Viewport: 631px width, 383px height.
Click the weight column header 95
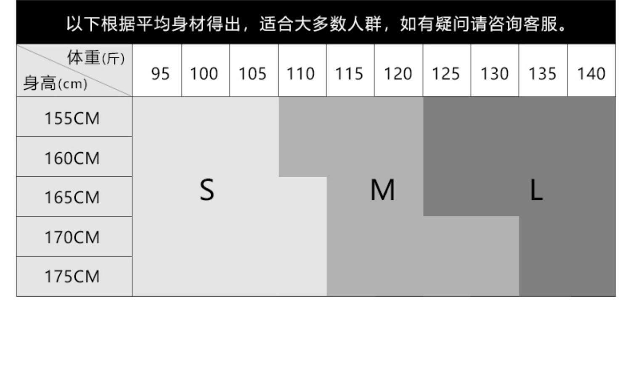160,74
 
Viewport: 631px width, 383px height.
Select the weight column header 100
204,74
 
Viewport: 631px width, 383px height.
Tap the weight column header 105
252,74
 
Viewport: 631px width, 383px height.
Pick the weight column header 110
300,74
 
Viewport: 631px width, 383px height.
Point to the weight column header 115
349,74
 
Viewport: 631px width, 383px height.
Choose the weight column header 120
398,74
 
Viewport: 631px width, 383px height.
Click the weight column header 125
446,74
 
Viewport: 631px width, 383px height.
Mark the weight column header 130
494,74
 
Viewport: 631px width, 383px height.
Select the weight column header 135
542,74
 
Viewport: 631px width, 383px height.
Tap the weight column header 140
591,74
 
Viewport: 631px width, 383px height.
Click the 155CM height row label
72,118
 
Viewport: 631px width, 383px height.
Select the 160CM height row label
72,158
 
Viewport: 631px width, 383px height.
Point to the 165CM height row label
72,197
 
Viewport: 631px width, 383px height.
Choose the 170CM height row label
72,237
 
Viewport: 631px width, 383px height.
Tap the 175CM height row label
72,277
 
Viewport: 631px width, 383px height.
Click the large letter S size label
207,190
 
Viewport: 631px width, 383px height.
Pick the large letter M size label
382,190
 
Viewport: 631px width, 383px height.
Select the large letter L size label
536,190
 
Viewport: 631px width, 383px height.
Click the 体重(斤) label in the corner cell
95,58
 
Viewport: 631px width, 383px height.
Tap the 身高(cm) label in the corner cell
55,83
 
